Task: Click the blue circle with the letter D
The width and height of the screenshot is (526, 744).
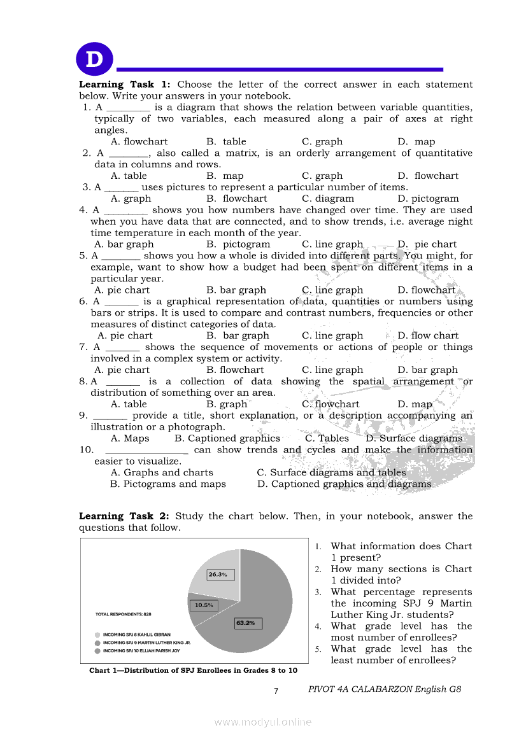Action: pyautogui.click(x=94, y=60)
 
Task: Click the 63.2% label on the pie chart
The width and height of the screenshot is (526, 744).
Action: pyautogui.click(x=245, y=623)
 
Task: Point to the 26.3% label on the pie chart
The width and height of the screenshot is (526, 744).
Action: pyautogui.click(x=218, y=574)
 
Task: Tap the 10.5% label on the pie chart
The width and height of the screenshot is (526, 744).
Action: pyautogui.click(x=204, y=605)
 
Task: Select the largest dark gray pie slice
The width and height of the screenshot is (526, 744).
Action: pyautogui.click(x=261, y=611)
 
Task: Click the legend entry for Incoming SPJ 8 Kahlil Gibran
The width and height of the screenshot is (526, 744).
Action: pyautogui.click(x=133, y=635)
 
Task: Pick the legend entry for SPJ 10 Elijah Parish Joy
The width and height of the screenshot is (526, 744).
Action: pyautogui.click(x=137, y=650)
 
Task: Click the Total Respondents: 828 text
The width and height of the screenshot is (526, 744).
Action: pyautogui.click(x=124, y=614)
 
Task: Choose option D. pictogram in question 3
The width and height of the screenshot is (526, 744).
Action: pyautogui.click(x=428, y=199)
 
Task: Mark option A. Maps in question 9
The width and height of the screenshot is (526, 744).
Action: pyautogui.click(x=130, y=439)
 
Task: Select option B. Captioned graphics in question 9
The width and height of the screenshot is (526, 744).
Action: pyautogui.click(x=227, y=439)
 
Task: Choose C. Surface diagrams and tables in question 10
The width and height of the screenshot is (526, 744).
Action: pyautogui.click(x=331, y=473)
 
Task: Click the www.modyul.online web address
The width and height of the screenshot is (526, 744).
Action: pyautogui.click(x=263, y=722)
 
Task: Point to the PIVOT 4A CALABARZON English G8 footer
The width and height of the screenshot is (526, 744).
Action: pyautogui.click(x=384, y=689)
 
